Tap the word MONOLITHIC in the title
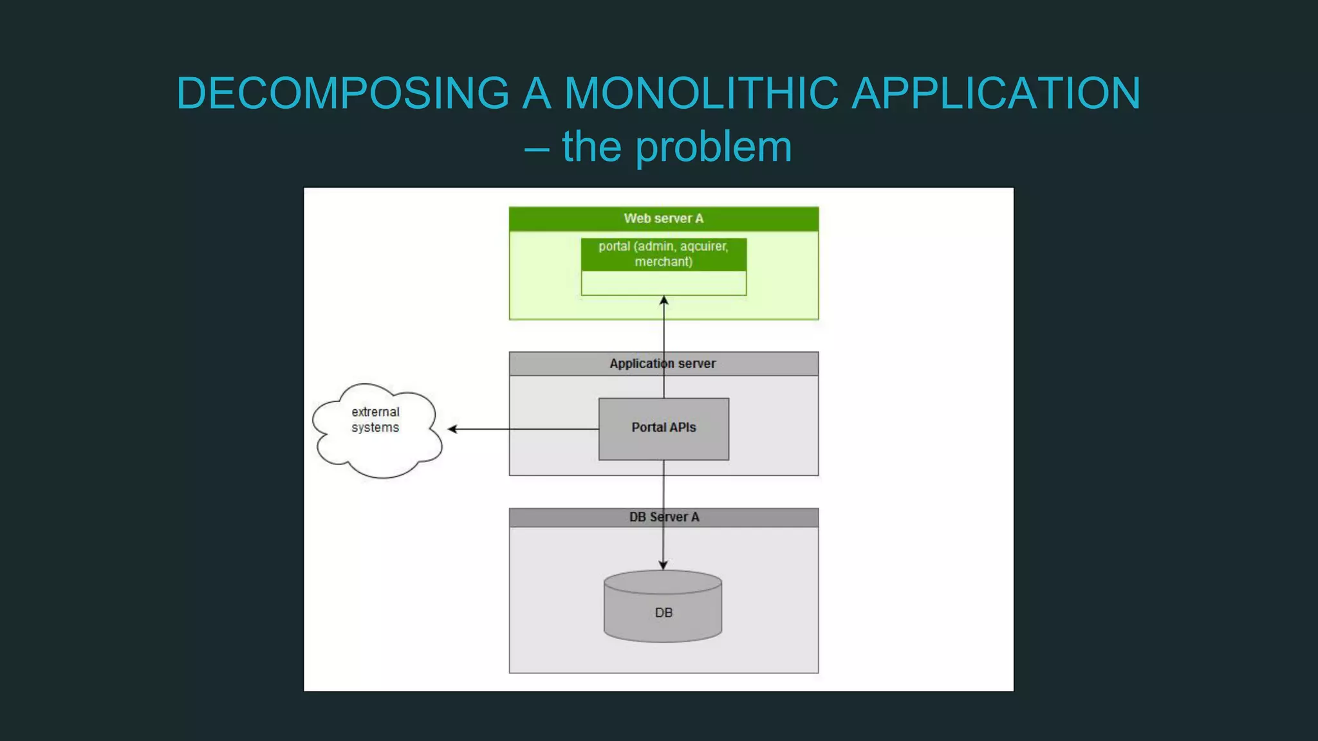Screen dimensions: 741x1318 [701, 93]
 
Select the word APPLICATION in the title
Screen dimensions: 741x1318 [996, 93]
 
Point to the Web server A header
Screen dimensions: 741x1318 [664, 219]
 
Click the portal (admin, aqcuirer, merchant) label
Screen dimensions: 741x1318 [664, 254]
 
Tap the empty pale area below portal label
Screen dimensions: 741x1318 [664, 284]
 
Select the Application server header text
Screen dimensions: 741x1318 [662, 363]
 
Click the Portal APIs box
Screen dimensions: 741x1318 [664, 428]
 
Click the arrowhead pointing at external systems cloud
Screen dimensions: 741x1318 [452, 429]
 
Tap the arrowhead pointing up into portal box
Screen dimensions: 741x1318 [664, 300]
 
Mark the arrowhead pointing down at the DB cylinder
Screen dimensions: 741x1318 [664, 565]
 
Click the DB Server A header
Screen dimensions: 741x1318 [664, 517]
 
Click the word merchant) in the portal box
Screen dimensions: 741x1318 [664, 262]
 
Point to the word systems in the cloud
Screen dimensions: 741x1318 [375, 428]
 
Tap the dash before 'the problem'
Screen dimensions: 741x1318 [536, 149]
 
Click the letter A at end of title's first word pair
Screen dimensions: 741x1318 [537, 93]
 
